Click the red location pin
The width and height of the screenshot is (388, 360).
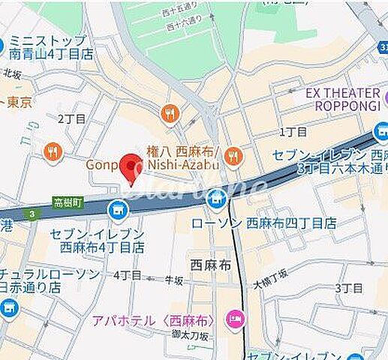pyautogui.click(x=132, y=168)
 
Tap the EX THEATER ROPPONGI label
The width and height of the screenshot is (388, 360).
pyautogui.click(x=343, y=100)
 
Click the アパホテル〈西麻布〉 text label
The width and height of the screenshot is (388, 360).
pyautogui.click(x=154, y=320)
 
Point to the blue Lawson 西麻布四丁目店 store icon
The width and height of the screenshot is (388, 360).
pyautogui.click(x=217, y=199)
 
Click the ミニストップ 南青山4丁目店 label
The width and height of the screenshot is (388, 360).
pyautogui.click(x=52, y=47)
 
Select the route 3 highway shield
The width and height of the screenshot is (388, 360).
pyautogui.click(x=32, y=215)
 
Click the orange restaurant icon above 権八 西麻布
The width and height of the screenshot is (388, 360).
pyautogui.click(x=170, y=114)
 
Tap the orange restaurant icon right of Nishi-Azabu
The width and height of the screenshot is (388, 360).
pyautogui.click(x=234, y=156)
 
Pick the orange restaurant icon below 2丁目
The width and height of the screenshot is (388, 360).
pyautogui.click(x=52, y=151)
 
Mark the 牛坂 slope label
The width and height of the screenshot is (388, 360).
pyautogui.click(x=174, y=281)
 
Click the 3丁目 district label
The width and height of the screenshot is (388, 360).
pyautogui.click(x=349, y=288)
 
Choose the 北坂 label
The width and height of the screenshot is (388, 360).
pyautogui.click(x=13, y=73)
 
